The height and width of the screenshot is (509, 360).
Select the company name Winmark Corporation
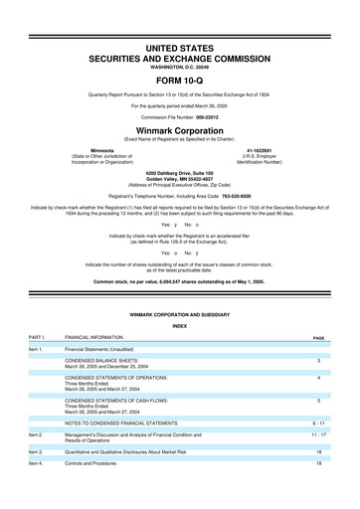(180, 129)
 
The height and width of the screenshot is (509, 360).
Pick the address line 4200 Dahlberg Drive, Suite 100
(180, 180)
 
